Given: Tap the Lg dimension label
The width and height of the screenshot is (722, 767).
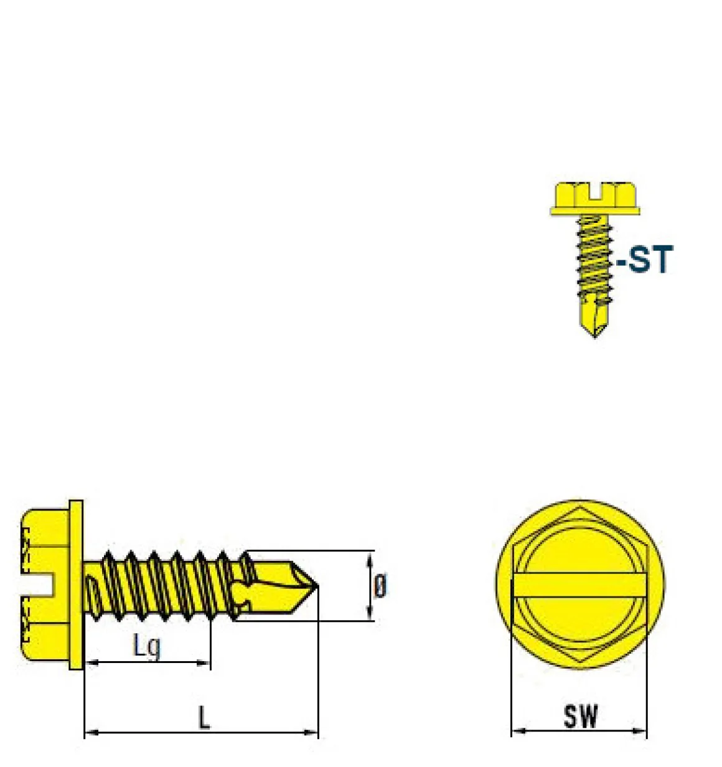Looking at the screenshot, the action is pyautogui.click(x=147, y=646).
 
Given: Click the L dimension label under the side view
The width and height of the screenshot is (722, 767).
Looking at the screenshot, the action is pyautogui.click(x=204, y=717).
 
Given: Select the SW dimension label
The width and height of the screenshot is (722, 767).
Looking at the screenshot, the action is pyautogui.click(x=581, y=716).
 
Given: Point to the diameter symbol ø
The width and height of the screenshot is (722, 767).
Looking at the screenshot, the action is pyautogui.click(x=380, y=586).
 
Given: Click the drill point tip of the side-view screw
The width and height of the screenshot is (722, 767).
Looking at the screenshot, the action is pyautogui.click(x=317, y=586).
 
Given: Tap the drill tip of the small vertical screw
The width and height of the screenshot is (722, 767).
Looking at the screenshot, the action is pyautogui.click(x=595, y=337).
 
